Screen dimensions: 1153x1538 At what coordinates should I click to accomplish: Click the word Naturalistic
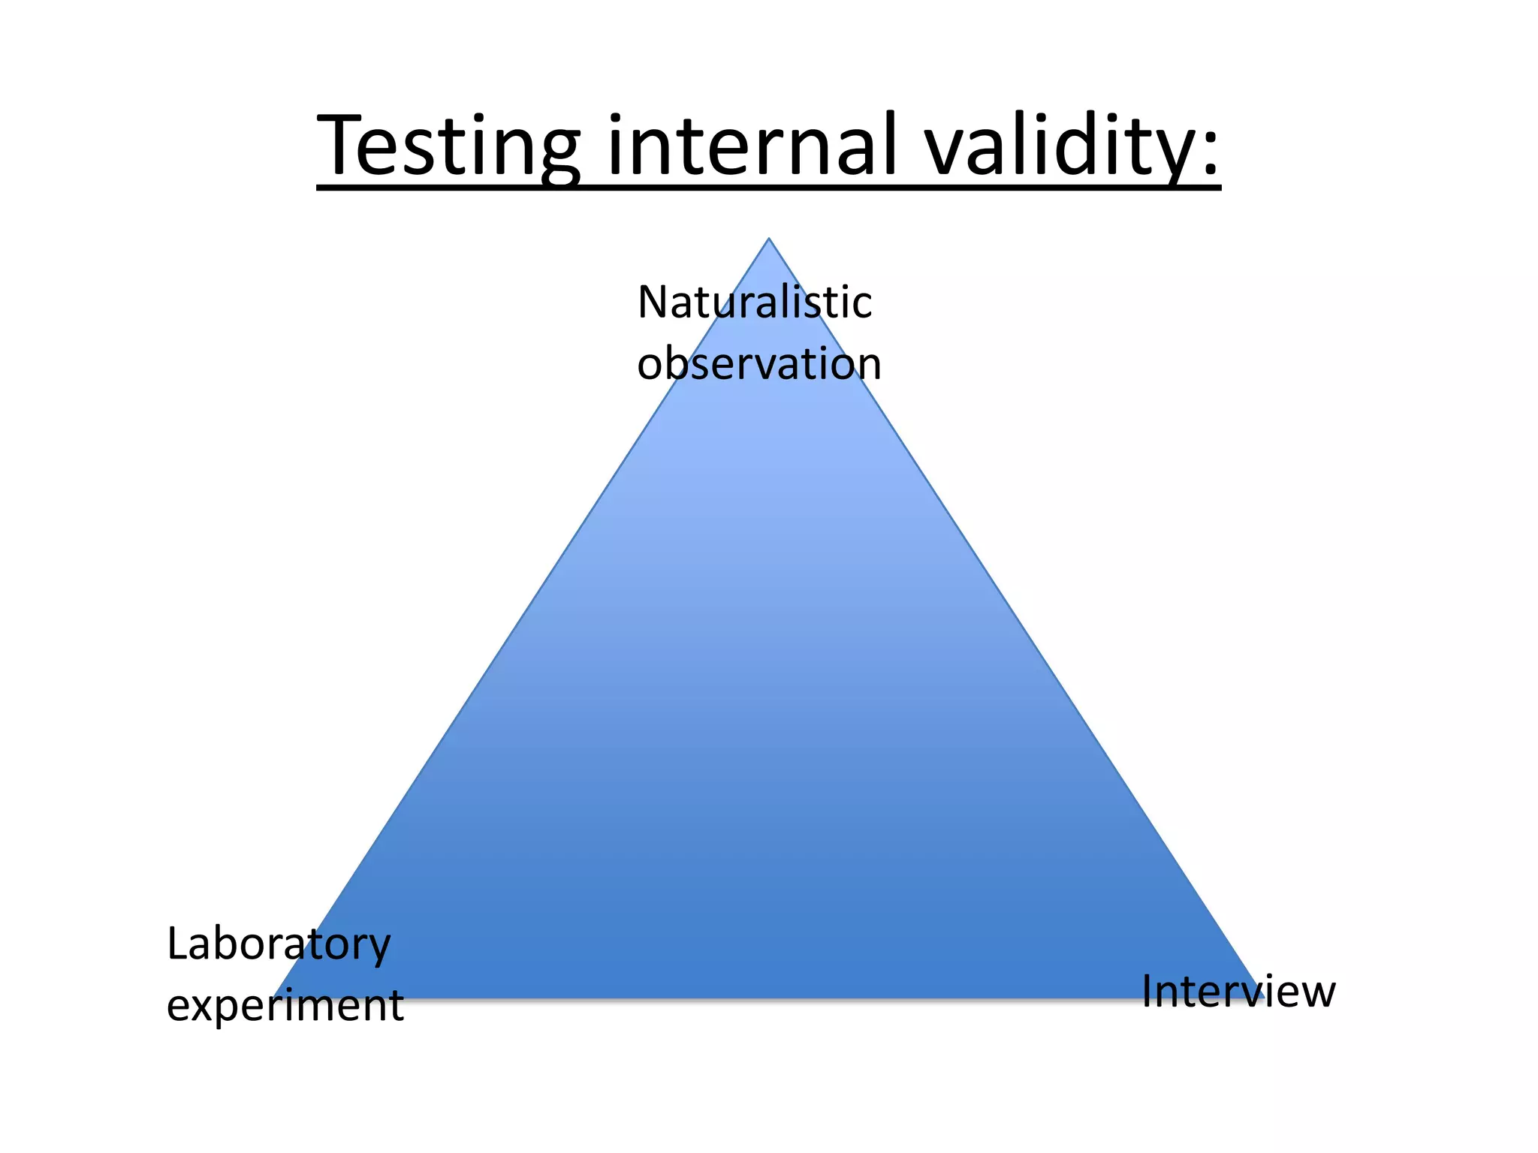(754, 303)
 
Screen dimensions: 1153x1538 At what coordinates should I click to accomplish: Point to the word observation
(758, 364)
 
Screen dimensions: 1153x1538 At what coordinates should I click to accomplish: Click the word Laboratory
(279, 944)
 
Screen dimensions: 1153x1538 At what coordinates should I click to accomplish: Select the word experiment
(285, 1007)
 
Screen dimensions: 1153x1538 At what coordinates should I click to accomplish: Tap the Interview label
(1238, 992)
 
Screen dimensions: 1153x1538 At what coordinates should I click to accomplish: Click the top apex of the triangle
(768, 239)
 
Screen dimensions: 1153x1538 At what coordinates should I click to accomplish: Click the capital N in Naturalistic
(653, 303)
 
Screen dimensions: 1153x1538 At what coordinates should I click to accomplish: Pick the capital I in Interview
(1147, 992)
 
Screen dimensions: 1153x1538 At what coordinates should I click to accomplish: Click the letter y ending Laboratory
(378, 950)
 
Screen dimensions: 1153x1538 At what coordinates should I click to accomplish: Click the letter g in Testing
(556, 154)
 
